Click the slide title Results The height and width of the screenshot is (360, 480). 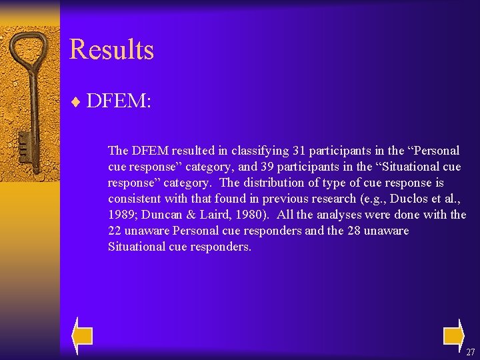(x=111, y=50)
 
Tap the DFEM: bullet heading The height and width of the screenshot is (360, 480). (x=119, y=101)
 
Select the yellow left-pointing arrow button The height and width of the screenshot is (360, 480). (x=82, y=335)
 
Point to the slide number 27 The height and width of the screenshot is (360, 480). (x=470, y=352)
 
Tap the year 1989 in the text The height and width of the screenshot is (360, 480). (x=121, y=215)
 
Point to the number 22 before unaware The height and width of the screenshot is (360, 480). (x=115, y=231)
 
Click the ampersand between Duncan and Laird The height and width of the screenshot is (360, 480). (x=193, y=215)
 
